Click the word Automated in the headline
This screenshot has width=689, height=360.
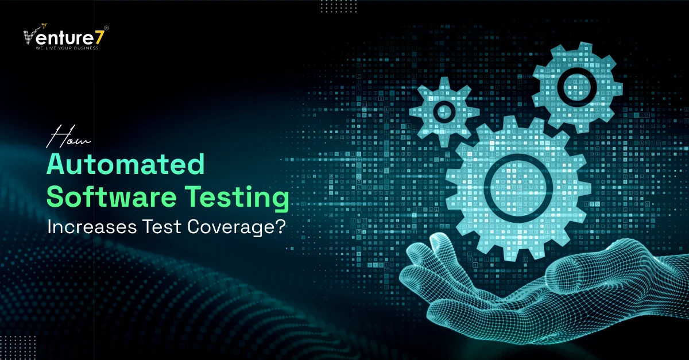point(126,164)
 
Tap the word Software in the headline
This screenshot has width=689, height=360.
point(111,196)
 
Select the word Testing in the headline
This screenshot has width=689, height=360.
point(237,199)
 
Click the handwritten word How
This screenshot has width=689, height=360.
point(68,137)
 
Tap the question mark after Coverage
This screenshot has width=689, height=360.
point(280,226)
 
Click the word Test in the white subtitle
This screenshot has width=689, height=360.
point(162,226)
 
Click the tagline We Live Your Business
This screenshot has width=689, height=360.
point(67,48)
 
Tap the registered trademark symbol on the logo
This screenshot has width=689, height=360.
point(106,28)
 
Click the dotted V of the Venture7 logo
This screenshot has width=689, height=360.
point(30,37)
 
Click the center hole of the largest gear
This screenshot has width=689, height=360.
point(518,188)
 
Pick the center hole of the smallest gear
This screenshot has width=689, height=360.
point(444,111)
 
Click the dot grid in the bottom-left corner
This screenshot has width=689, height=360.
point(18,347)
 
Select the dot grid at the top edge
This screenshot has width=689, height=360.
point(339,6)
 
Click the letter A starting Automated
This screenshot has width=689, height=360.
point(57,164)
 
